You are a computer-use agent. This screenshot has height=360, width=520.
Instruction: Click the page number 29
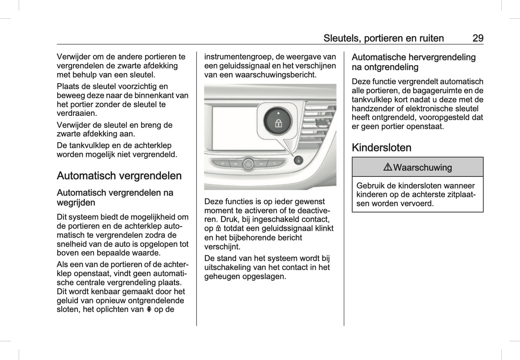[478, 38]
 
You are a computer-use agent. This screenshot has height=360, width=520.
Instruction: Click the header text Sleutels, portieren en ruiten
[383, 38]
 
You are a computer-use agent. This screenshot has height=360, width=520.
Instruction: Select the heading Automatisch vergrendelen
[119, 176]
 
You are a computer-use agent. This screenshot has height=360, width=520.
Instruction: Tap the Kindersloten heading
[381, 148]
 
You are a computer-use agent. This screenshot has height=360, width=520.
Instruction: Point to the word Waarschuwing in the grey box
[422, 167]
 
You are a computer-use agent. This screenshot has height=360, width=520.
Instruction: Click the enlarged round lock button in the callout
[278, 120]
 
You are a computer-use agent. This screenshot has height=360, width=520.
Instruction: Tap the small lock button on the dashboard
[298, 160]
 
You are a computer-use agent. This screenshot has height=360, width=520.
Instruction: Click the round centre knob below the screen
[248, 164]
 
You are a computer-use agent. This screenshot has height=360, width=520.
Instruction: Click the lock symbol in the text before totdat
[218, 229]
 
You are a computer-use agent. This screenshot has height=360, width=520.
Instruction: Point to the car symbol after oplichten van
[149, 310]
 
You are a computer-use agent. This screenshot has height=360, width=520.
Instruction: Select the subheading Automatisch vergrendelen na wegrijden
[115, 198]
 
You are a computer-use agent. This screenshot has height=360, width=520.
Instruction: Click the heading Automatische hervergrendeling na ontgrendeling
[413, 62]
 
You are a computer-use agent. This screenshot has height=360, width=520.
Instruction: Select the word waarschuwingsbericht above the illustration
[275, 75]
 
